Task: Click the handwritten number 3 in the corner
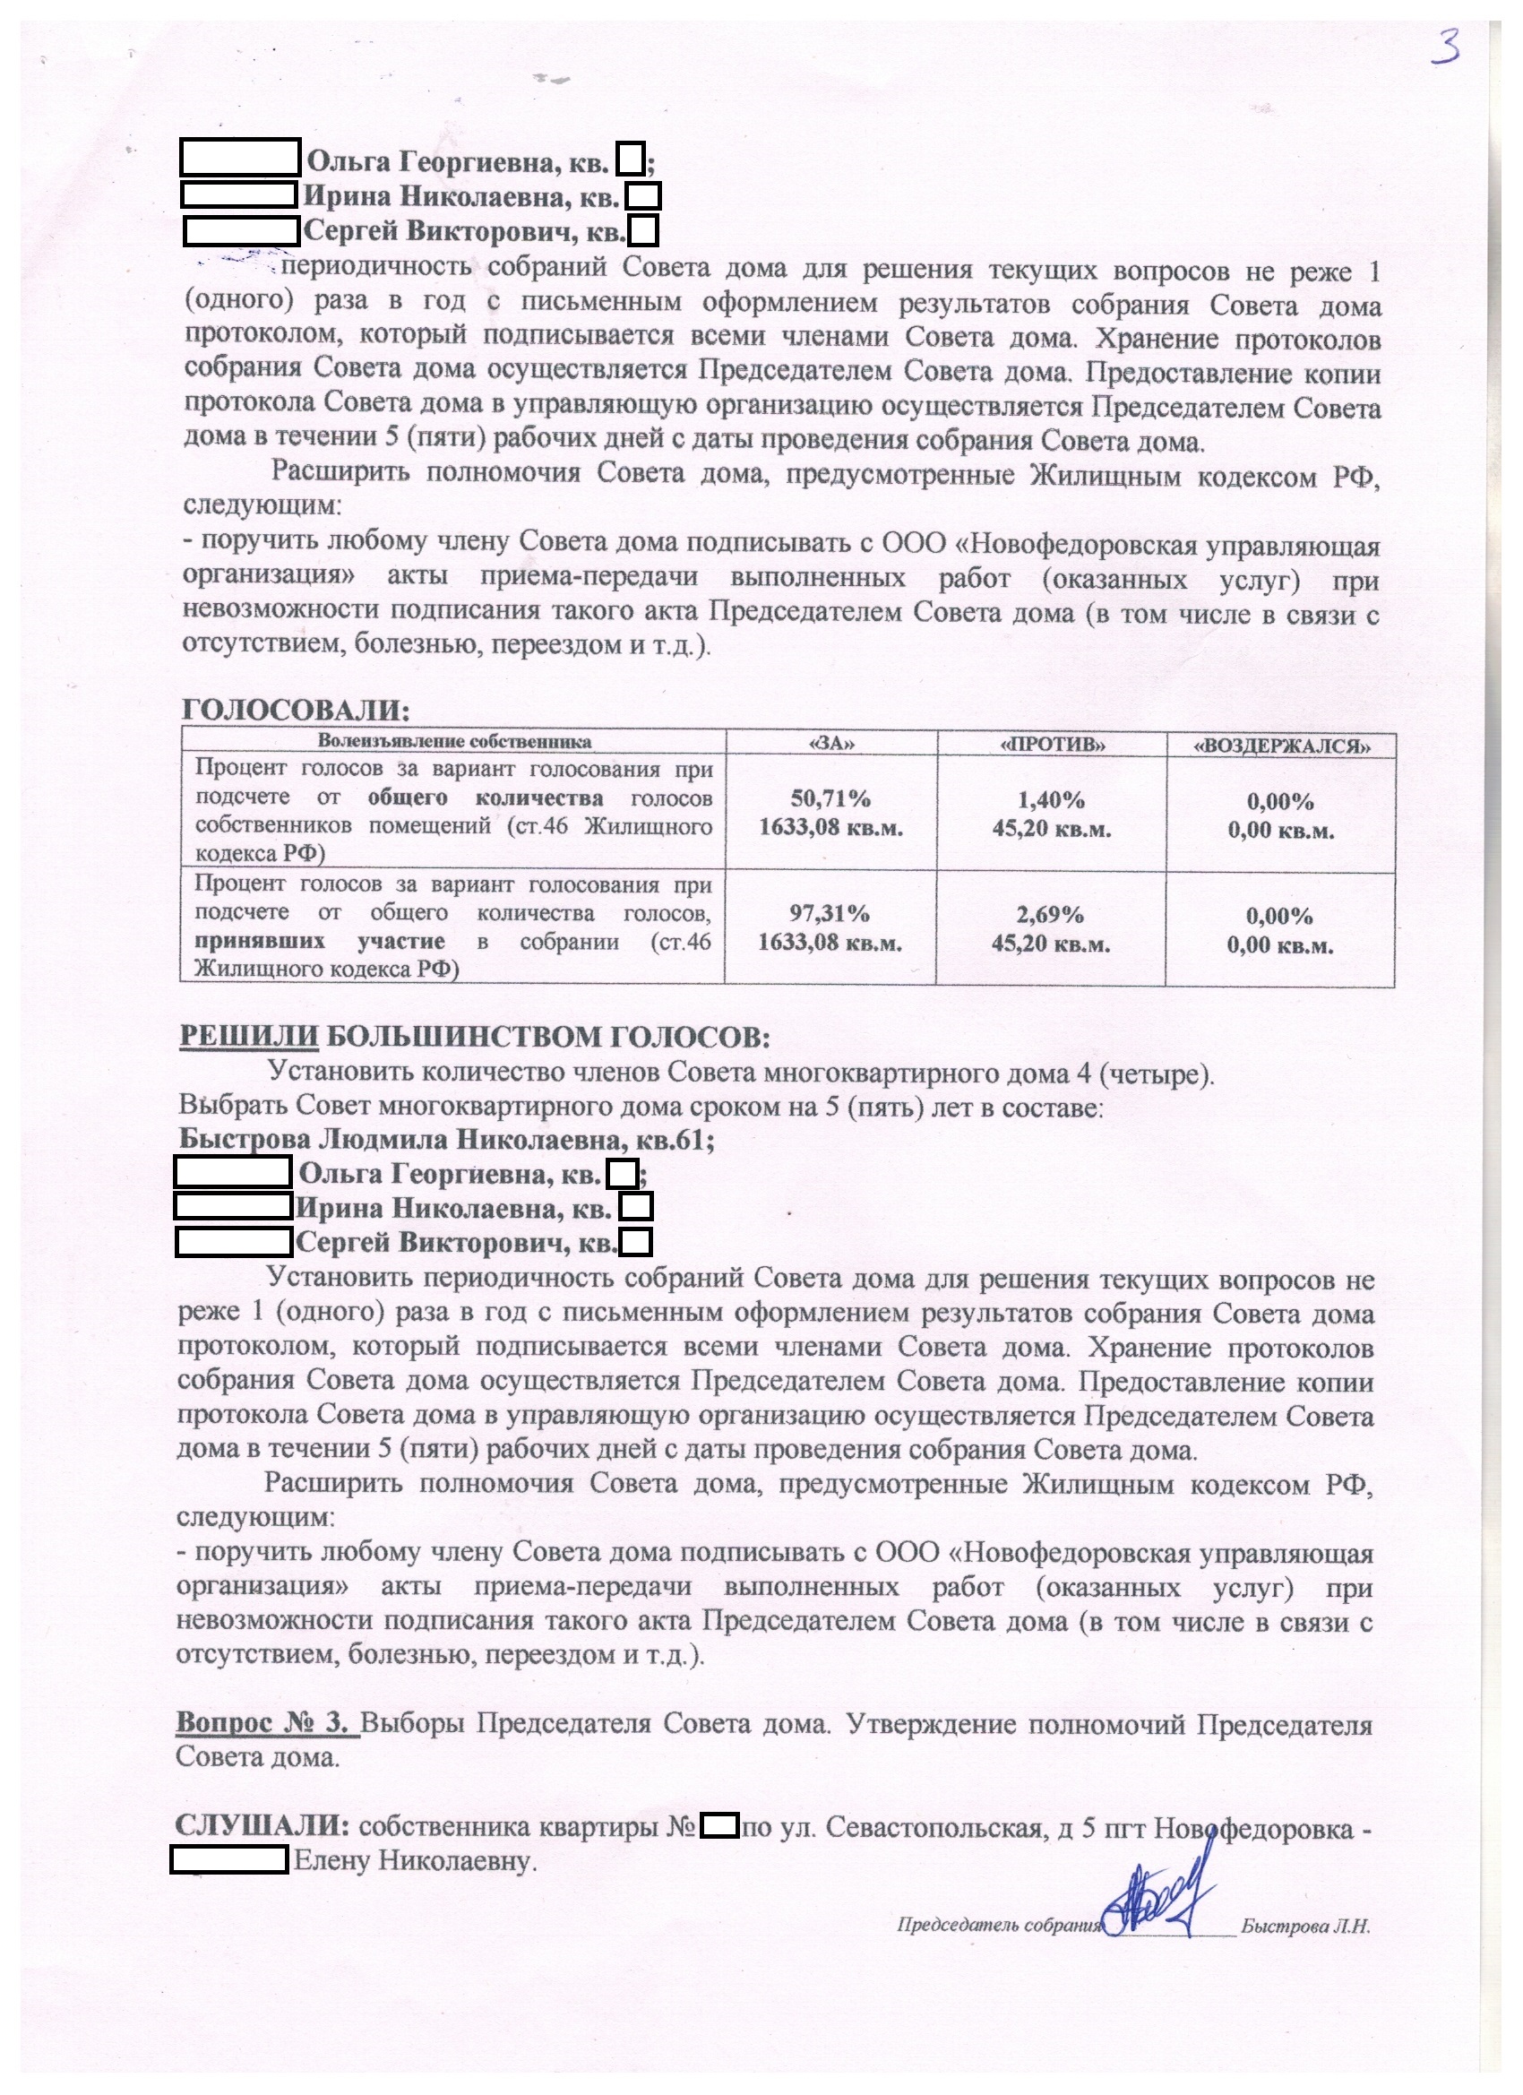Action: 1445,47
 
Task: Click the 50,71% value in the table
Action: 830,798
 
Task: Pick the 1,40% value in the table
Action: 1052,800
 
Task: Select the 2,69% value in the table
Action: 1050,915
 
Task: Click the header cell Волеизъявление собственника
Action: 454,742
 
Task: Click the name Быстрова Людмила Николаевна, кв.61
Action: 445,1141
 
